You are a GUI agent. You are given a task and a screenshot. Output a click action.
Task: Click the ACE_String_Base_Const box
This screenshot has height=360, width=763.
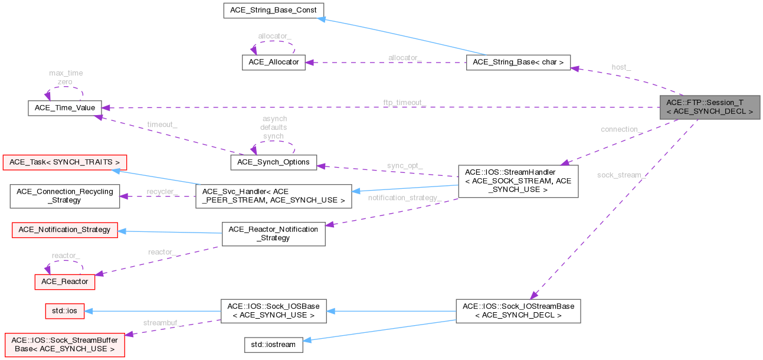click(270, 10)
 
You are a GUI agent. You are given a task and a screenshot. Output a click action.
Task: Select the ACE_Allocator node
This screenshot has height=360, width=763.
click(274, 62)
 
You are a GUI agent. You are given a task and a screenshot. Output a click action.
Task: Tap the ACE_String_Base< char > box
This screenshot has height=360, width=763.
click(518, 62)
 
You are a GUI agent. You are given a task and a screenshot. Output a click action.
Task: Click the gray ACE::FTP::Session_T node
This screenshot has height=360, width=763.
click(709, 107)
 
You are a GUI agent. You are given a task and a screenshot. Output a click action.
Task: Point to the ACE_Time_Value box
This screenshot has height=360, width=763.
click(65, 108)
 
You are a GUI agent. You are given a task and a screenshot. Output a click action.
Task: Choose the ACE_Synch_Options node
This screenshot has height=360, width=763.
click(273, 162)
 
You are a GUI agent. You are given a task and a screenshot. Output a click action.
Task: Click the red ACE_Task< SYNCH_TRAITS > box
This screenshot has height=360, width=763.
click(65, 162)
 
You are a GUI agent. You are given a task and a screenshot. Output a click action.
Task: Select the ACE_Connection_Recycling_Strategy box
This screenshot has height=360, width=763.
click(65, 196)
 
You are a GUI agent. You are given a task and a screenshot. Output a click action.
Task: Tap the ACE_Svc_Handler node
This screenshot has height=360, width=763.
click(274, 196)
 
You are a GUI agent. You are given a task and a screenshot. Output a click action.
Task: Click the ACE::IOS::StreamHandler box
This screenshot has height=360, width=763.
click(518, 181)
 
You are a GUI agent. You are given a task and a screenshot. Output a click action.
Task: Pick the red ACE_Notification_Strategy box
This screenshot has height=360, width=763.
click(65, 230)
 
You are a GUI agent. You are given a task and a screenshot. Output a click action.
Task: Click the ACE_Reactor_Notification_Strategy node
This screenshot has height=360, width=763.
click(273, 233)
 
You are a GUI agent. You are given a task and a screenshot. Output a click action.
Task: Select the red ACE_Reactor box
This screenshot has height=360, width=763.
click(65, 282)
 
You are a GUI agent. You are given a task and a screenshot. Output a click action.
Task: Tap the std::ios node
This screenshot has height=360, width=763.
click(65, 311)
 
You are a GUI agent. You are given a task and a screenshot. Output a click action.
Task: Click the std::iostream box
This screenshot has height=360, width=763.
click(274, 345)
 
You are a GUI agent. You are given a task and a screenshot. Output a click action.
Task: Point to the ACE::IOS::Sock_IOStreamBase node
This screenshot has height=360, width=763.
click(518, 310)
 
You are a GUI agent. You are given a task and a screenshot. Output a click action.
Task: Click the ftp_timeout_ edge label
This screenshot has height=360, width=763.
click(404, 103)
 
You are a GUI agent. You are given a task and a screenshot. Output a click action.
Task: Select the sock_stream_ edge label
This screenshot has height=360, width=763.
click(621, 175)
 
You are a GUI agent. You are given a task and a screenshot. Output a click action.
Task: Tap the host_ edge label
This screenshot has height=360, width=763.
click(621, 67)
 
